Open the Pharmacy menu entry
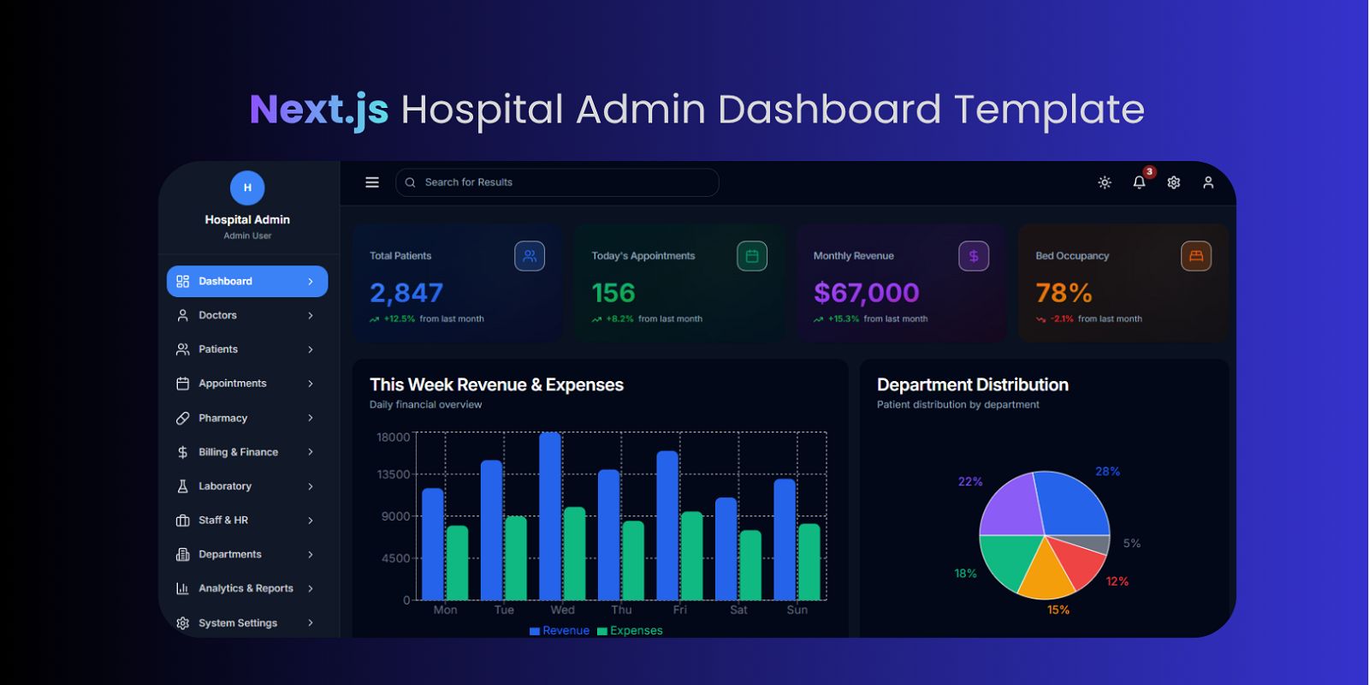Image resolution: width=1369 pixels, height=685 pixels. click(x=222, y=418)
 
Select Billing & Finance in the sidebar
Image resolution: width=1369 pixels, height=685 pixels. click(x=238, y=452)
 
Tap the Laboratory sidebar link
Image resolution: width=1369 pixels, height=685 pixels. click(x=224, y=486)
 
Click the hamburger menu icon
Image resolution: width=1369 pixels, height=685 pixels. click(x=372, y=182)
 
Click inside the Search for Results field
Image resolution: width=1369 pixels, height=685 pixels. click(x=556, y=182)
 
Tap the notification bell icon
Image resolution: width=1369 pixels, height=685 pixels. click(x=1139, y=182)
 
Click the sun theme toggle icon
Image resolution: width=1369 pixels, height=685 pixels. click(x=1105, y=182)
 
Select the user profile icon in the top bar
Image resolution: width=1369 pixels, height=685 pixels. click(x=1208, y=182)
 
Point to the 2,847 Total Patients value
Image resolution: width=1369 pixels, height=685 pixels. click(x=406, y=293)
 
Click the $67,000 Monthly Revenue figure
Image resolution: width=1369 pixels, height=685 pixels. click(x=866, y=293)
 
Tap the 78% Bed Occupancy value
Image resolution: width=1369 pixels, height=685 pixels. click(x=1064, y=293)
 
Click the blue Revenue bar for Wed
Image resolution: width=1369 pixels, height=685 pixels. click(x=550, y=514)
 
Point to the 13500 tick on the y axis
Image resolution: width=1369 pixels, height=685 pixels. click(x=394, y=474)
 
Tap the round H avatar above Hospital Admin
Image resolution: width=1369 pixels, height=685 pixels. click(x=247, y=188)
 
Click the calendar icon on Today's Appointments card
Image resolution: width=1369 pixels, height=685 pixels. click(x=752, y=256)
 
